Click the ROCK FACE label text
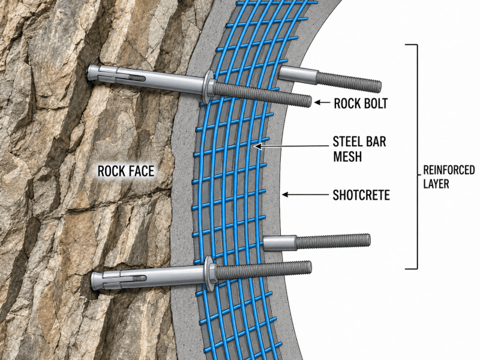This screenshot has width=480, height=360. (126, 171)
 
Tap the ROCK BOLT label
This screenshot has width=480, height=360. (361, 103)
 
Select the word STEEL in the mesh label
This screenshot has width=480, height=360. (347, 142)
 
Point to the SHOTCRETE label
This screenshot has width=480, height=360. (361, 195)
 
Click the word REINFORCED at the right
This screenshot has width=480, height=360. (449, 170)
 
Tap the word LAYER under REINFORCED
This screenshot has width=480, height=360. (436, 184)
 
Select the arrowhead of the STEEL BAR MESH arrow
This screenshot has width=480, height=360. (259, 146)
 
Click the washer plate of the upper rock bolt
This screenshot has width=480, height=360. (207, 86)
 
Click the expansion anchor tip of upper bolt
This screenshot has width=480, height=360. (91, 73)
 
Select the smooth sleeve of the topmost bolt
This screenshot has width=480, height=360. (298, 74)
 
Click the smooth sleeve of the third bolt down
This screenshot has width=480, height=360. (280, 243)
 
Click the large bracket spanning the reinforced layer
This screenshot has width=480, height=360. (416, 157)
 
